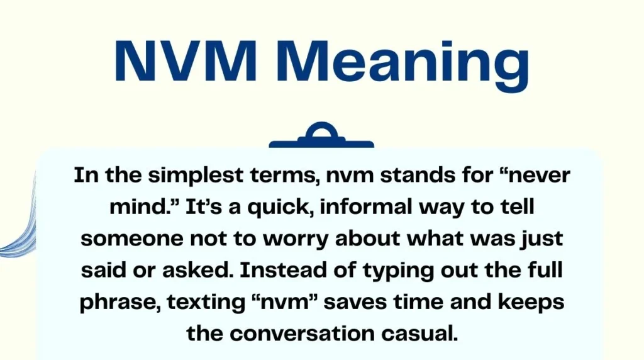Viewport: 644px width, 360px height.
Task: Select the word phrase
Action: [x=118, y=302]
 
